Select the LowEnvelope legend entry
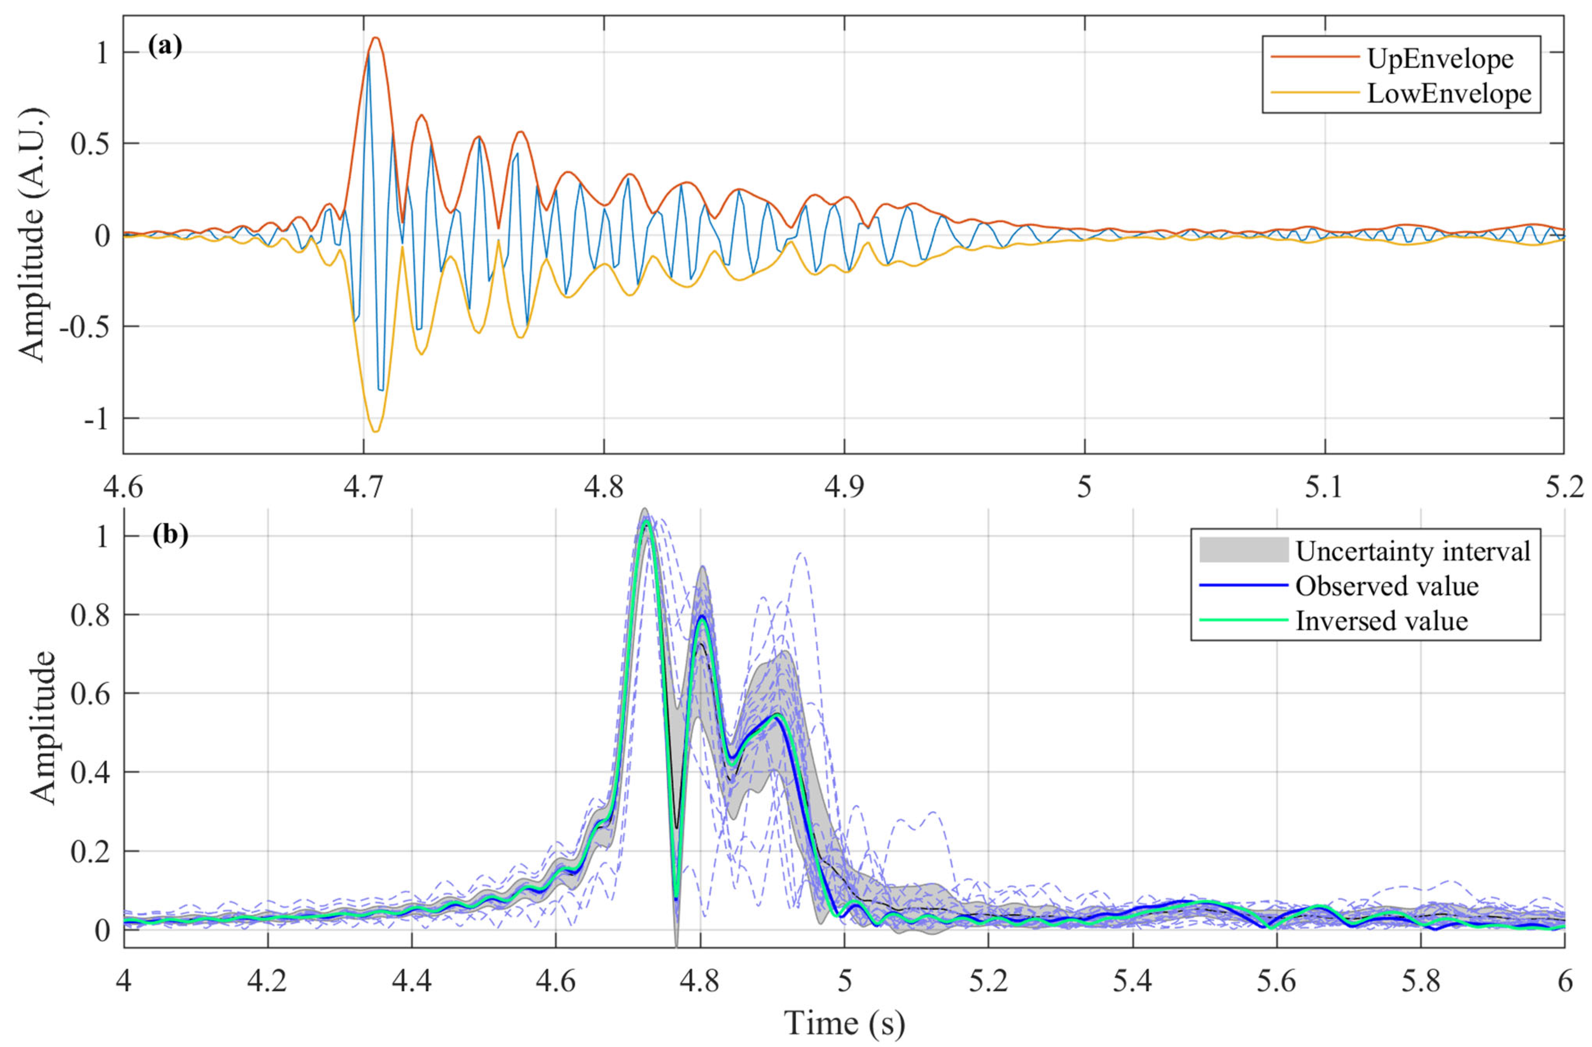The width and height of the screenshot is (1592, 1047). (x=1448, y=94)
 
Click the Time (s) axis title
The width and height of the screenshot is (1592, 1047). (x=844, y=1022)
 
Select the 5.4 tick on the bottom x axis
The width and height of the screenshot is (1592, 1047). (x=1132, y=981)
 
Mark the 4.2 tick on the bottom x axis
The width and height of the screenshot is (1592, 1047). (x=267, y=981)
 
